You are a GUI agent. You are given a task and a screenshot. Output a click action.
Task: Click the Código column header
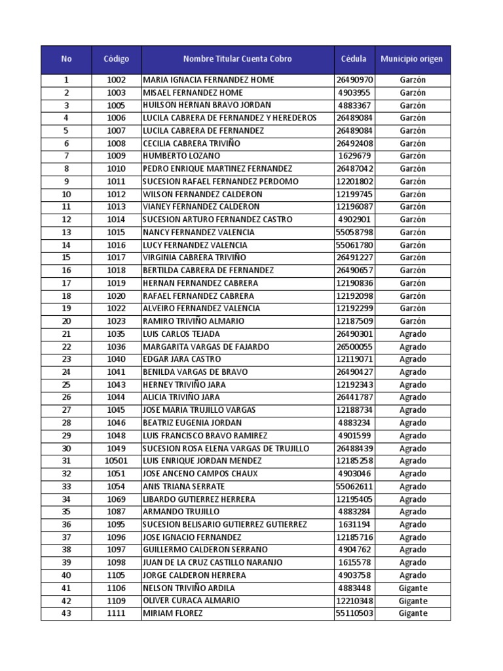click(117, 59)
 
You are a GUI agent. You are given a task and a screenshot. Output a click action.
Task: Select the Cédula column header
click(354, 59)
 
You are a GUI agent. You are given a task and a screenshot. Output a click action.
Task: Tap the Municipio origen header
click(411, 59)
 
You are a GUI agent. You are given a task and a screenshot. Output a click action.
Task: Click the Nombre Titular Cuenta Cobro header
click(238, 59)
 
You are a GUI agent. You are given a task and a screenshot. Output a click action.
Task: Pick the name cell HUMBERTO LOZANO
click(181, 156)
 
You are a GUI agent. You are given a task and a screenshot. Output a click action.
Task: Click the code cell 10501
click(117, 461)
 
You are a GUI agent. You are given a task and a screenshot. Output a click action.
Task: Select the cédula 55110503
click(354, 613)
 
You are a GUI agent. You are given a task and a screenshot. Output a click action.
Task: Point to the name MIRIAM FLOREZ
click(173, 613)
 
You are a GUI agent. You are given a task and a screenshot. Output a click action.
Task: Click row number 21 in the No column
click(66, 334)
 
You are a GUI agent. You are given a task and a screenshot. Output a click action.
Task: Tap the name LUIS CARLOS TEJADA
click(181, 334)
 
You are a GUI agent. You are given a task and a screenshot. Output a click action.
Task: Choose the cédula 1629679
click(354, 156)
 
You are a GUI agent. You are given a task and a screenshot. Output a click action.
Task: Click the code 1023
click(117, 321)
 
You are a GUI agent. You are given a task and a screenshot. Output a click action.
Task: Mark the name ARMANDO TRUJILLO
click(181, 512)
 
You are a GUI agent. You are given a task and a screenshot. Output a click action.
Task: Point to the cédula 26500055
click(354, 347)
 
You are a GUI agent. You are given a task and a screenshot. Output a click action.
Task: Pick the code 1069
click(117, 499)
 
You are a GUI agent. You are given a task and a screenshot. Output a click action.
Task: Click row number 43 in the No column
click(66, 613)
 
